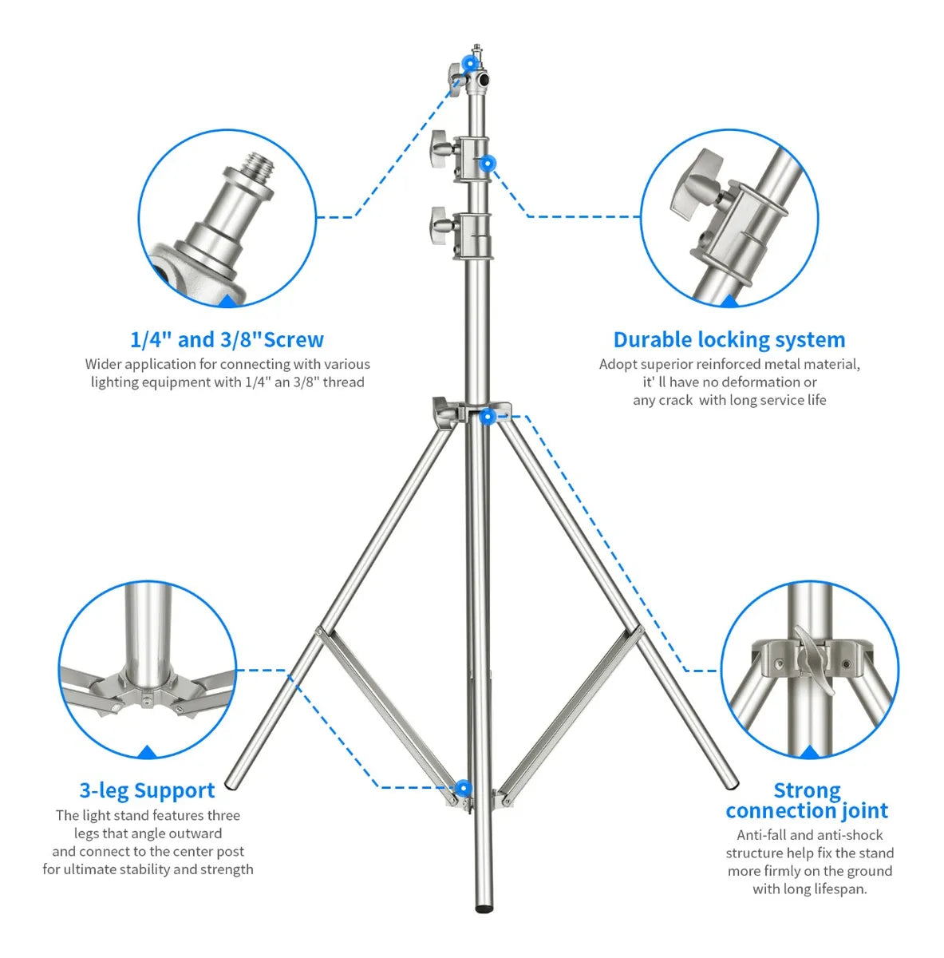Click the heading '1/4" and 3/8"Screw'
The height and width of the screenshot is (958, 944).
(227, 340)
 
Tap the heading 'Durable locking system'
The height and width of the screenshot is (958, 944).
(729, 340)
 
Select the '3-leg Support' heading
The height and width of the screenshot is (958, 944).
(147, 790)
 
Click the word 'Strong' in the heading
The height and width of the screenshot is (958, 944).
(807, 790)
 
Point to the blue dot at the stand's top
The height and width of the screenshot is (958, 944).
(472, 62)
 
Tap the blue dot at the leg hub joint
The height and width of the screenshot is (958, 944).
(488, 416)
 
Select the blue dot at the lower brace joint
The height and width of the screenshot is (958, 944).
(464, 789)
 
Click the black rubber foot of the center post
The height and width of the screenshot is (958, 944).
(484, 908)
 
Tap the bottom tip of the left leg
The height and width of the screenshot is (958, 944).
(232, 785)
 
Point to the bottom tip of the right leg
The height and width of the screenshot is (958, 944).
(731, 782)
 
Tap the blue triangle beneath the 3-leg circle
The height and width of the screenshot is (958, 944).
(147, 752)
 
